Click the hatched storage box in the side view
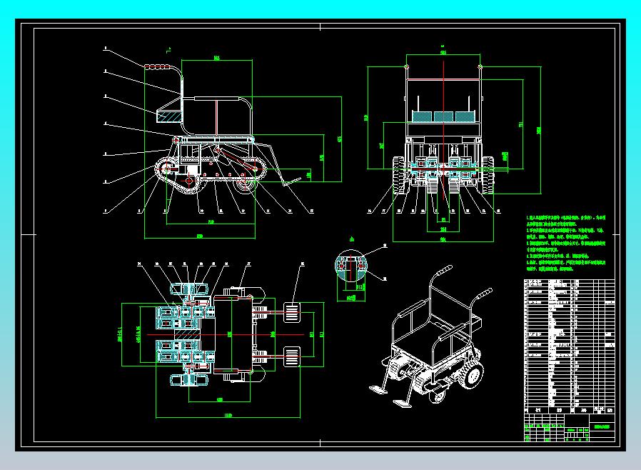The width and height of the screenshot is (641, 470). click(168, 114)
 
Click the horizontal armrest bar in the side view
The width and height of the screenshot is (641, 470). click(214, 98)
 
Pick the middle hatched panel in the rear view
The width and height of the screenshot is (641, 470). click(443, 114)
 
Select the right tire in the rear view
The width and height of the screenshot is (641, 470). click(488, 175)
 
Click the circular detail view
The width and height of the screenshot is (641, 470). click(350, 265)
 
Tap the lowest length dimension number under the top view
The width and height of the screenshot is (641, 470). click(228, 416)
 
